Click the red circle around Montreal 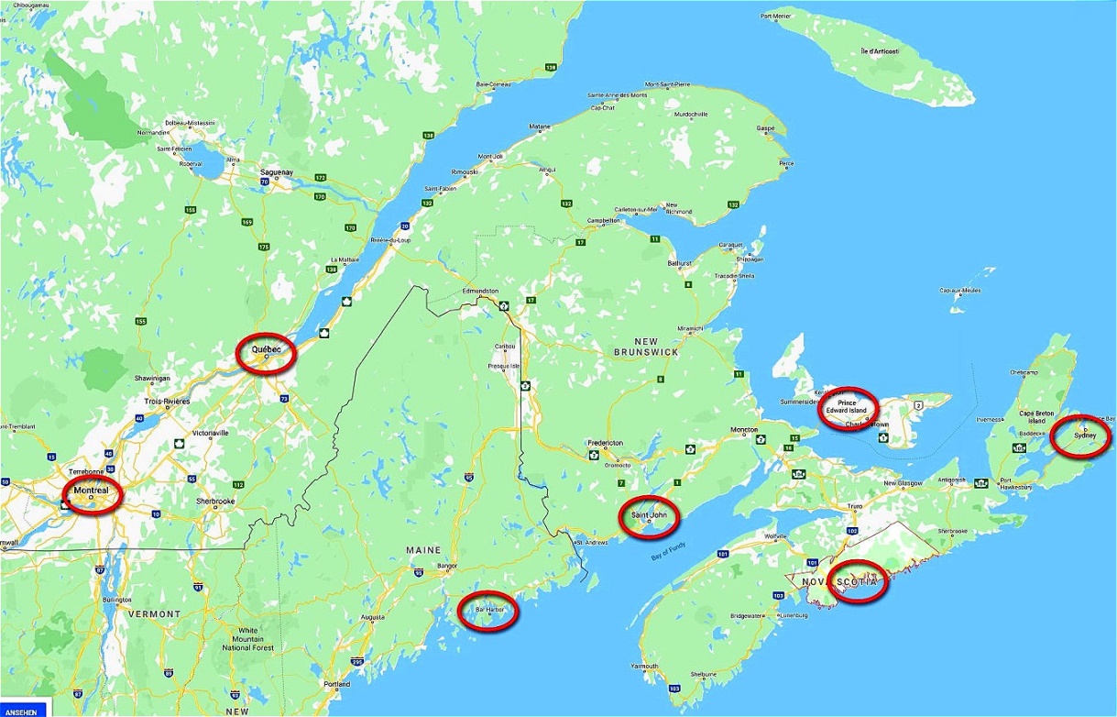coord(92,496)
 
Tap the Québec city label coord(266,350)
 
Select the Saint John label coord(648,516)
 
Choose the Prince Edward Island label coord(847,406)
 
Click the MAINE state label coord(424,550)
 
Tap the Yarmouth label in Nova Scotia coord(644,666)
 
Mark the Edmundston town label coord(480,291)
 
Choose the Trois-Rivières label coord(166,402)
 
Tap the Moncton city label coord(743,430)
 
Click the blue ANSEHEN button coord(23,711)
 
